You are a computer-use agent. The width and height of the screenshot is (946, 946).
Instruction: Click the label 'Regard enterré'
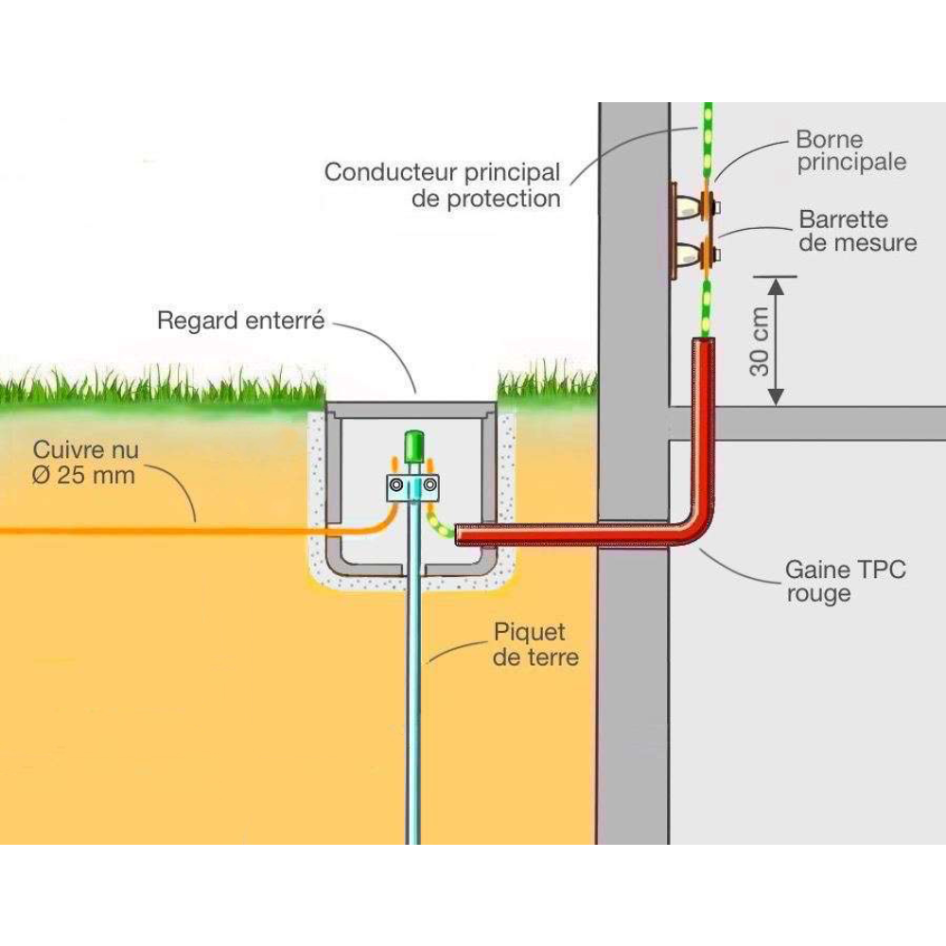pyautogui.click(x=240, y=321)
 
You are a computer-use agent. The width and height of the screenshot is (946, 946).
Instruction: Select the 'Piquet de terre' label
pyautogui.click(x=534, y=644)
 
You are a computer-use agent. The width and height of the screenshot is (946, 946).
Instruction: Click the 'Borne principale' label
pyautogui.click(x=850, y=151)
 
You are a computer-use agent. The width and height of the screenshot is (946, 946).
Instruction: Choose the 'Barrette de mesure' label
pyautogui.click(x=857, y=232)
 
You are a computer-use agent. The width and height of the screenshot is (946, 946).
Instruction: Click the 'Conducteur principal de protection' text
pyautogui.click(x=442, y=185)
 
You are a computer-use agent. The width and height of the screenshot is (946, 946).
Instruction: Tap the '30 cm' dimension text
pyautogui.click(x=760, y=342)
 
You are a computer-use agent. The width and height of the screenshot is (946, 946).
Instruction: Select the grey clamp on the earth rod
pyautogui.click(x=413, y=487)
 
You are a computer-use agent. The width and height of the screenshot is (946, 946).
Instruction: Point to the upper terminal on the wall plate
pyautogui.click(x=706, y=203)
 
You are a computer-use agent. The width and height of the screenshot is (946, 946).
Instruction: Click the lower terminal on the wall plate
pyautogui.click(x=706, y=253)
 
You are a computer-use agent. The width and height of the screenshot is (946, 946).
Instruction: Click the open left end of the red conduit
pyautogui.click(x=460, y=535)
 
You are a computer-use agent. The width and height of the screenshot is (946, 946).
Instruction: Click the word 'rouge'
pyautogui.click(x=818, y=595)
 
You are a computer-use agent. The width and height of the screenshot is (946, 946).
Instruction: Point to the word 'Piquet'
pyautogui.click(x=529, y=632)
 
